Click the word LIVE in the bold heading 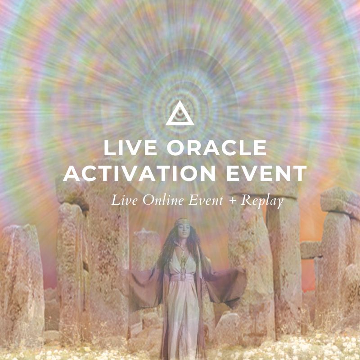[x=130, y=148]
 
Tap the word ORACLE [x=216, y=148]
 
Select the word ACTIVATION [x=139, y=173]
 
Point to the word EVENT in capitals [x=267, y=173]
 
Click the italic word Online [x=163, y=200]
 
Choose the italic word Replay [x=262, y=201]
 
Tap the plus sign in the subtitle [x=232, y=201]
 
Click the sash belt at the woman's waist [x=183, y=277]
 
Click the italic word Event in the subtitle [x=206, y=200]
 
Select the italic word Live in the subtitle [x=125, y=200]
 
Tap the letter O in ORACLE [x=175, y=148]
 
